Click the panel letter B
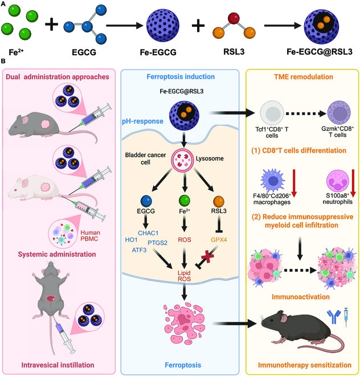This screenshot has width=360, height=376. (x=3, y=60)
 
